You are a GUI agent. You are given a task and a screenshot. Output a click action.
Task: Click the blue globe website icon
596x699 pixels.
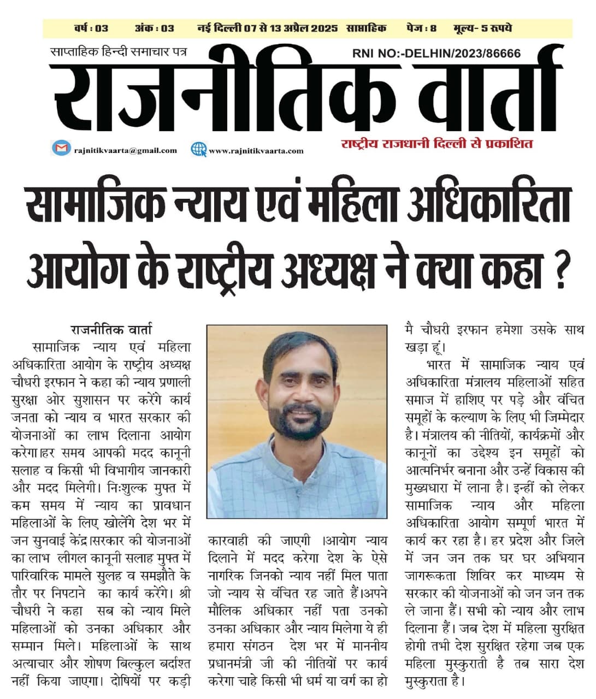pyautogui.click(x=198, y=149)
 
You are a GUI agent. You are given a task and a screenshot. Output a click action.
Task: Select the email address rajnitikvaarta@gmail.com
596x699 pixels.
pyautogui.click(x=125, y=150)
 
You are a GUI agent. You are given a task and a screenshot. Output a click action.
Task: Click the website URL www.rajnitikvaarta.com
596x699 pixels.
pyautogui.click(x=256, y=151)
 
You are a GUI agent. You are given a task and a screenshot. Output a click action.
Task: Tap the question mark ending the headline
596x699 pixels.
pyautogui.click(x=559, y=270)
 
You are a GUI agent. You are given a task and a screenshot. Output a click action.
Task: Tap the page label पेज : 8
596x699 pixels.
pyautogui.click(x=421, y=28)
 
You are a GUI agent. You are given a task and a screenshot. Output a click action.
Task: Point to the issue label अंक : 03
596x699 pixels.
pyautogui.click(x=154, y=28)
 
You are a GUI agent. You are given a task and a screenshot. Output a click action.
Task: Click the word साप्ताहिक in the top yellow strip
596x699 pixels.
pyautogui.click(x=366, y=28)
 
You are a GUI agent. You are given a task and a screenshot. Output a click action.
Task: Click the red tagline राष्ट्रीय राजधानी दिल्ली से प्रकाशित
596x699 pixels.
pyautogui.click(x=436, y=145)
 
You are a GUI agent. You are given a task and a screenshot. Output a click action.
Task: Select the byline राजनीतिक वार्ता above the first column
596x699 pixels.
pyautogui.click(x=111, y=330)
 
